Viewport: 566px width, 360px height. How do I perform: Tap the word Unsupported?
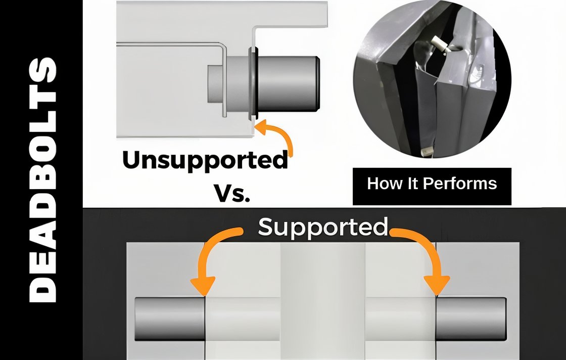click(205, 160)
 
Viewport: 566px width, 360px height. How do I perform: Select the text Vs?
click(232, 192)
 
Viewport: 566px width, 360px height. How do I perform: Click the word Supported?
click(323, 228)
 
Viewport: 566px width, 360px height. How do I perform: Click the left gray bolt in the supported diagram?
click(170, 319)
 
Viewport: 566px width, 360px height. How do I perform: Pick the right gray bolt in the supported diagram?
click(470, 319)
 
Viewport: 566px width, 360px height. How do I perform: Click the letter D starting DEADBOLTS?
click(42, 288)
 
